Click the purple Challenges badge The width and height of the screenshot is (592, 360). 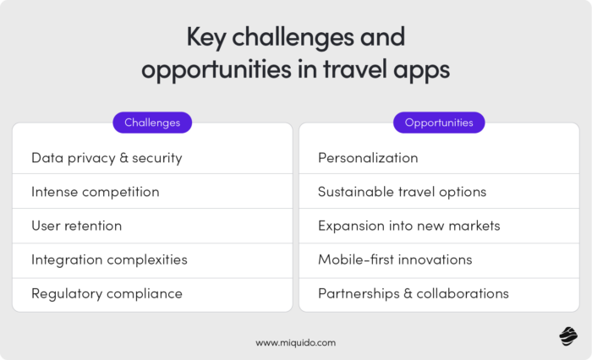[x=152, y=123]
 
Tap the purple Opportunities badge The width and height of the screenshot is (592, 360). [x=439, y=123]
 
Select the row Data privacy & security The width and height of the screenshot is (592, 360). [x=107, y=158]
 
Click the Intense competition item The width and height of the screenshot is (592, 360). [x=95, y=192]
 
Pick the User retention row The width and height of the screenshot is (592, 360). [x=76, y=226]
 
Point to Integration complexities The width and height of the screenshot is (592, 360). [x=109, y=259]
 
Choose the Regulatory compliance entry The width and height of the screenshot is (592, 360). [x=107, y=293]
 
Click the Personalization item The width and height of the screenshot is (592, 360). [x=368, y=158]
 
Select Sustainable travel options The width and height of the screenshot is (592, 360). [x=402, y=192]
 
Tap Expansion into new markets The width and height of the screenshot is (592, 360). [x=408, y=226]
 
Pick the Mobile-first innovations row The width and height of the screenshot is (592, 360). [x=395, y=259]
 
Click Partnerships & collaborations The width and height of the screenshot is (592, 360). [x=413, y=293]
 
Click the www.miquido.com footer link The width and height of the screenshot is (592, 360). [x=296, y=342]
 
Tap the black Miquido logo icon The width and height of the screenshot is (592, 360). [x=567, y=336]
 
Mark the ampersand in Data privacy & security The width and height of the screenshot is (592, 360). [x=126, y=158]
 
